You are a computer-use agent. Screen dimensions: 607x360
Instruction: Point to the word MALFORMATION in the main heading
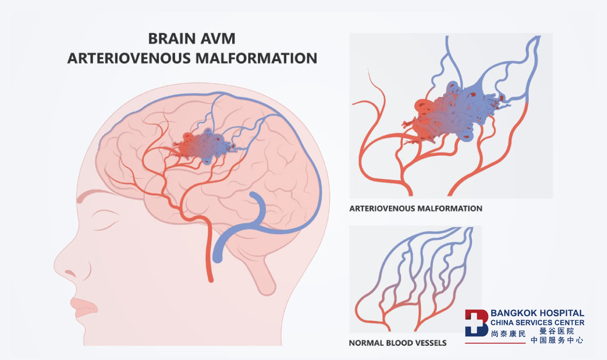256,58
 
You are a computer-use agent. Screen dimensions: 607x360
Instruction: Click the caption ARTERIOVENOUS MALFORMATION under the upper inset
416,208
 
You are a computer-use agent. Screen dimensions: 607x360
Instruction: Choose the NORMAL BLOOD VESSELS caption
398,343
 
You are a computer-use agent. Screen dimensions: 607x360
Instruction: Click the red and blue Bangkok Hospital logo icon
476,323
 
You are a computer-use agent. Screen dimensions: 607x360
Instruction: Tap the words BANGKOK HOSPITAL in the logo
537,313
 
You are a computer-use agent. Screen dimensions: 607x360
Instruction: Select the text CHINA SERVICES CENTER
537,323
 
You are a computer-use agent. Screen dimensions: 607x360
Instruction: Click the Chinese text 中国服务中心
557,340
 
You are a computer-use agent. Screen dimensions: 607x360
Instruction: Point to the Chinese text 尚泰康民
508,334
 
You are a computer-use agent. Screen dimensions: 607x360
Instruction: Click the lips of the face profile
84,308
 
